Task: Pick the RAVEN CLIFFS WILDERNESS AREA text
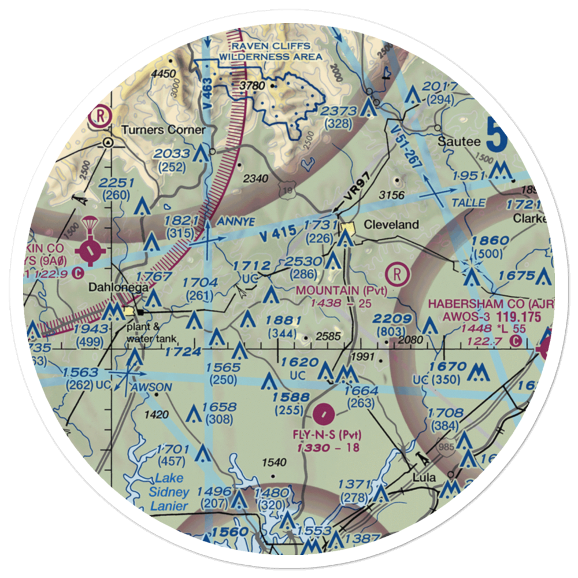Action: point(270,51)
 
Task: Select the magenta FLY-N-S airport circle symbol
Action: point(325,413)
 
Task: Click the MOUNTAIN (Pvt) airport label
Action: point(341,290)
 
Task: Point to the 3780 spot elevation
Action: point(251,86)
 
